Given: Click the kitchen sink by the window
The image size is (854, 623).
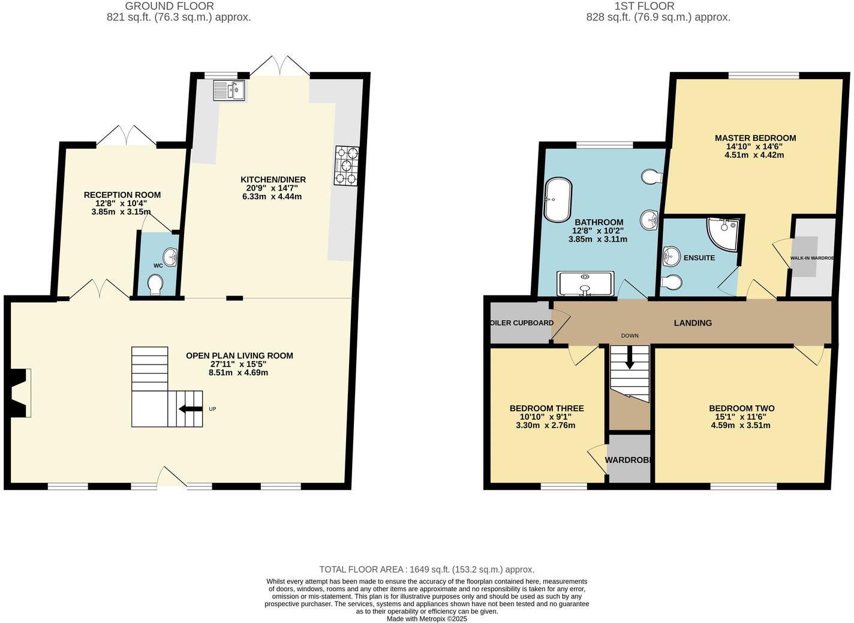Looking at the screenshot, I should point(229,90).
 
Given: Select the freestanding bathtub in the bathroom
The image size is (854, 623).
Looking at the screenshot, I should point(558,199).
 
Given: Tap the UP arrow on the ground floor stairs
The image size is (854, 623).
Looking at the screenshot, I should point(191,409).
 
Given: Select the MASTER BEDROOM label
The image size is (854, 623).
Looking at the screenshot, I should point(755,138).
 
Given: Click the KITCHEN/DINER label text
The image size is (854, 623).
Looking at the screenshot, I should point(273,179).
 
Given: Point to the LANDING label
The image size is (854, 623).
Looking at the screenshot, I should point(693,323).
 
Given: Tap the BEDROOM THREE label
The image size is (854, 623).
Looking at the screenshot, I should point(546,408).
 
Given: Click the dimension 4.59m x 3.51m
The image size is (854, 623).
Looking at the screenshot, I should point(741,425).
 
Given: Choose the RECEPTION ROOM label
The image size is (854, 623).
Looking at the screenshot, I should point(122,194).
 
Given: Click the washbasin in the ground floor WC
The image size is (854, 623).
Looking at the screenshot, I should point(170,257).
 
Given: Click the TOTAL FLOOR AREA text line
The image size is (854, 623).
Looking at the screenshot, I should point(426,569).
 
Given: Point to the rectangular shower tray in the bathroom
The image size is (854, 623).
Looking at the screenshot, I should point(585,284).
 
